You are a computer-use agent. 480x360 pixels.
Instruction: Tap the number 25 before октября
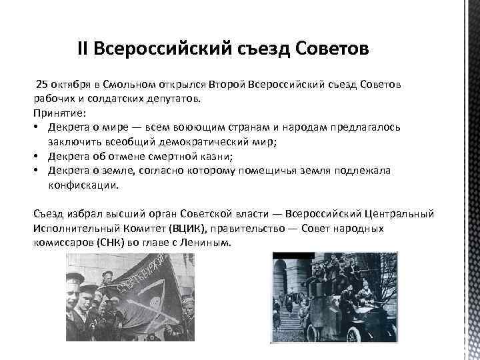click(41, 85)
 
